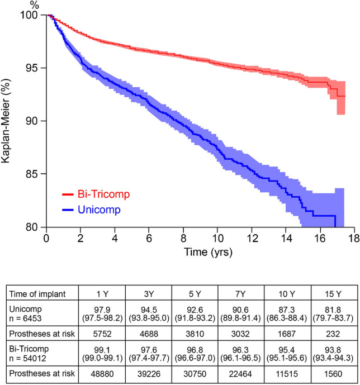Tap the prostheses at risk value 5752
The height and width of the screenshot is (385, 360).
[114, 332]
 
